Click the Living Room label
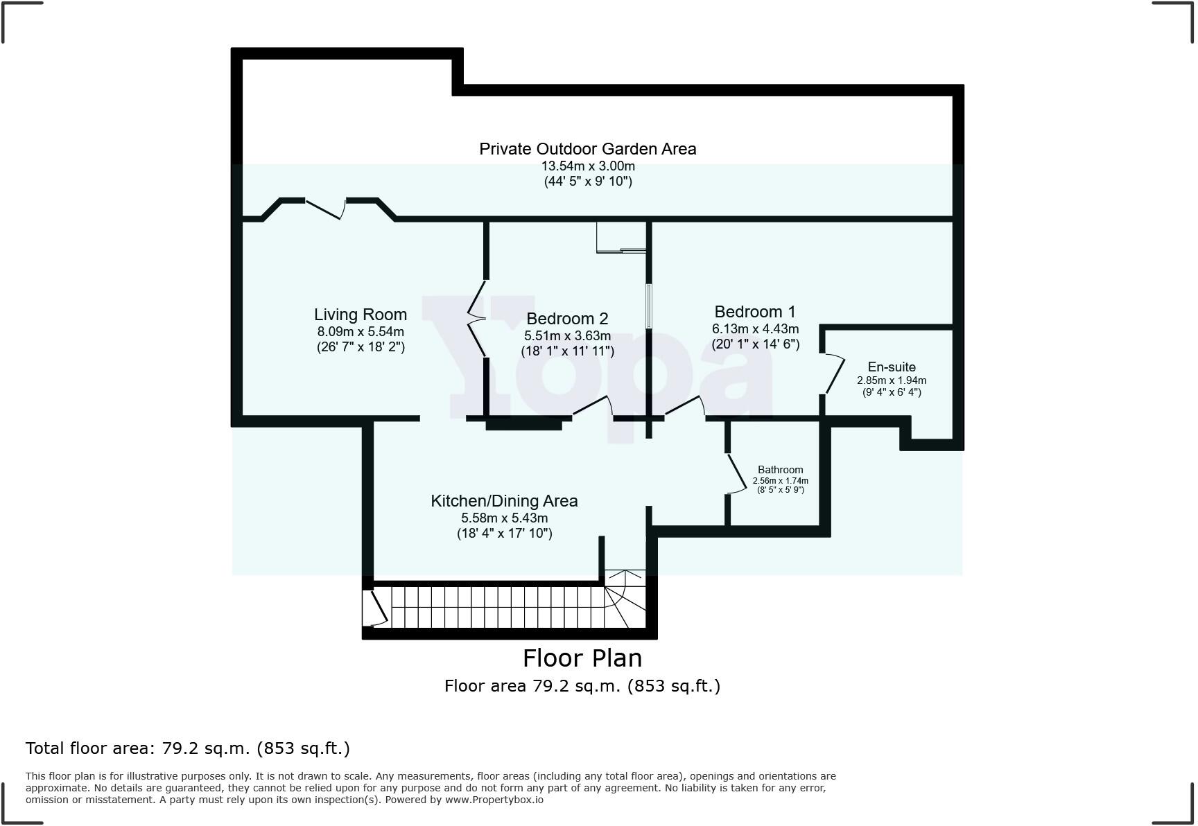[x=360, y=315]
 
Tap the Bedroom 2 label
[x=567, y=319]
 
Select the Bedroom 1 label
[x=754, y=312]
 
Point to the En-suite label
[x=891, y=367]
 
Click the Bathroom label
[x=780, y=470]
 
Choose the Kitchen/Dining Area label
[x=504, y=501]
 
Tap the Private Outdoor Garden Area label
[x=587, y=149]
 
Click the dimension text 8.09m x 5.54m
[x=360, y=332]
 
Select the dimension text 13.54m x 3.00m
[x=587, y=166]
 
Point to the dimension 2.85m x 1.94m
[x=891, y=380]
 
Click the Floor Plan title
[x=582, y=658]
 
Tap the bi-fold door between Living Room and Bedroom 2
[x=477, y=319]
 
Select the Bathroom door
[x=738, y=474]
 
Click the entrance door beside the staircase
[x=379, y=608]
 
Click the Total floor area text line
[x=188, y=748]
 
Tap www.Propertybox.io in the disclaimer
[x=494, y=800]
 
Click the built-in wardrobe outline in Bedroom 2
[x=620, y=238]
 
